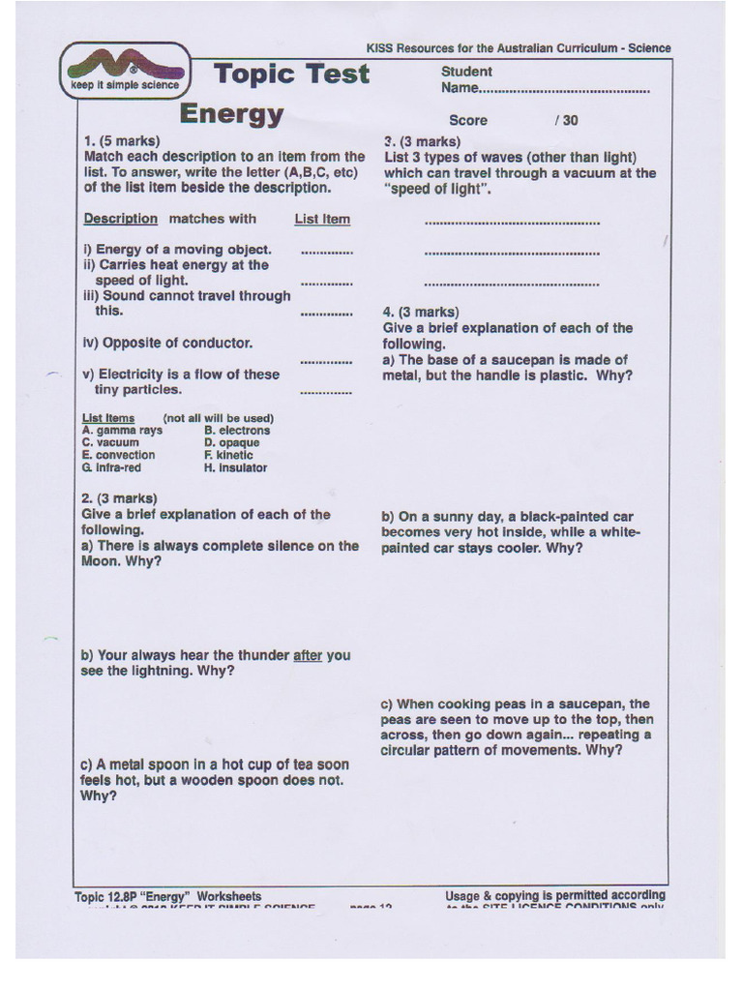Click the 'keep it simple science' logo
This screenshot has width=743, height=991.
click(125, 73)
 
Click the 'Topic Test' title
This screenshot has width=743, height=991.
click(291, 74)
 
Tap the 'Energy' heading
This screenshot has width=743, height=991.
click(231, 114)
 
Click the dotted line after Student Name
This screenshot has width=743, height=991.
click(565, 89)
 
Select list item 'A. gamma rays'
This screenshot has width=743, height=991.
click(123, 431)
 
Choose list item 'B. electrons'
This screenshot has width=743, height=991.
click(237, 431)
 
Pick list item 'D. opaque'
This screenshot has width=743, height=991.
click(231, 443)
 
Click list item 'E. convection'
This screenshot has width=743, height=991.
click(118, 455)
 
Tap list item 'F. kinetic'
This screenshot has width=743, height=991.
click(228, 455)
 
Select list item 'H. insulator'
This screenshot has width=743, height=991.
click(235, 467)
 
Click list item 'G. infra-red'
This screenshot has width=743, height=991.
click(111, 467)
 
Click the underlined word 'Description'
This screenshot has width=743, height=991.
click(120, 219)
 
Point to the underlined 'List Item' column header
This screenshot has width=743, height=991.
click(322, 219)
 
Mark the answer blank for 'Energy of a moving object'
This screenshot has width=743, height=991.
click(326, 252)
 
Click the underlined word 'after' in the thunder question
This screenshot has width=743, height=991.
click(308, 655)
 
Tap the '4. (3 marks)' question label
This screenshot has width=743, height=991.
click(421, 312)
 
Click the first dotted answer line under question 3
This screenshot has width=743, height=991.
click(512, 224)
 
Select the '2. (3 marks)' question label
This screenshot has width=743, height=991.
click(119, 498)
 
